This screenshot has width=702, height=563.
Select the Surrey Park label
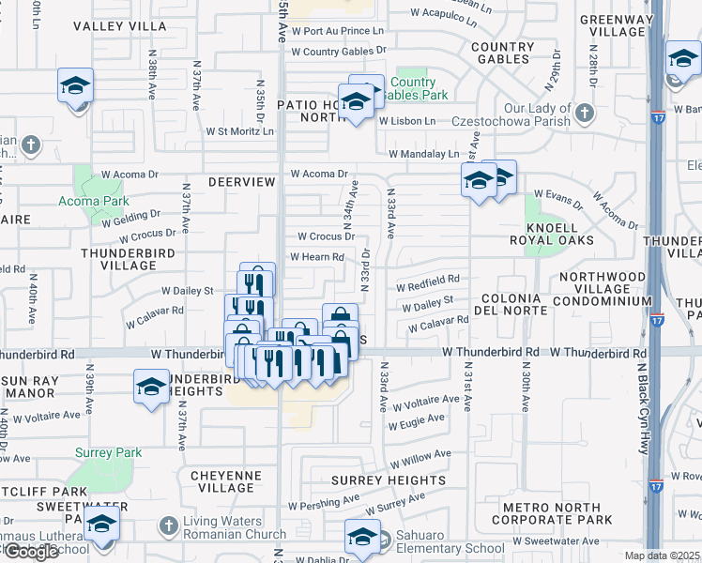pos(110,452)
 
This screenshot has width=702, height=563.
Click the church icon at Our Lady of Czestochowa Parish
pos(585,114)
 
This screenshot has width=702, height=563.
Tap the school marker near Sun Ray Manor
pos(152,386)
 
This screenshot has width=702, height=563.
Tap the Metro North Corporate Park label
pos(551,513)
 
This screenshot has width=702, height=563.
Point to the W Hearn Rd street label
pos(316,257)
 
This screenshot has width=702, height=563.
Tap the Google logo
pos(30,552)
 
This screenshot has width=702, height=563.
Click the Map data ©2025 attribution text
pos(663,555)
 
